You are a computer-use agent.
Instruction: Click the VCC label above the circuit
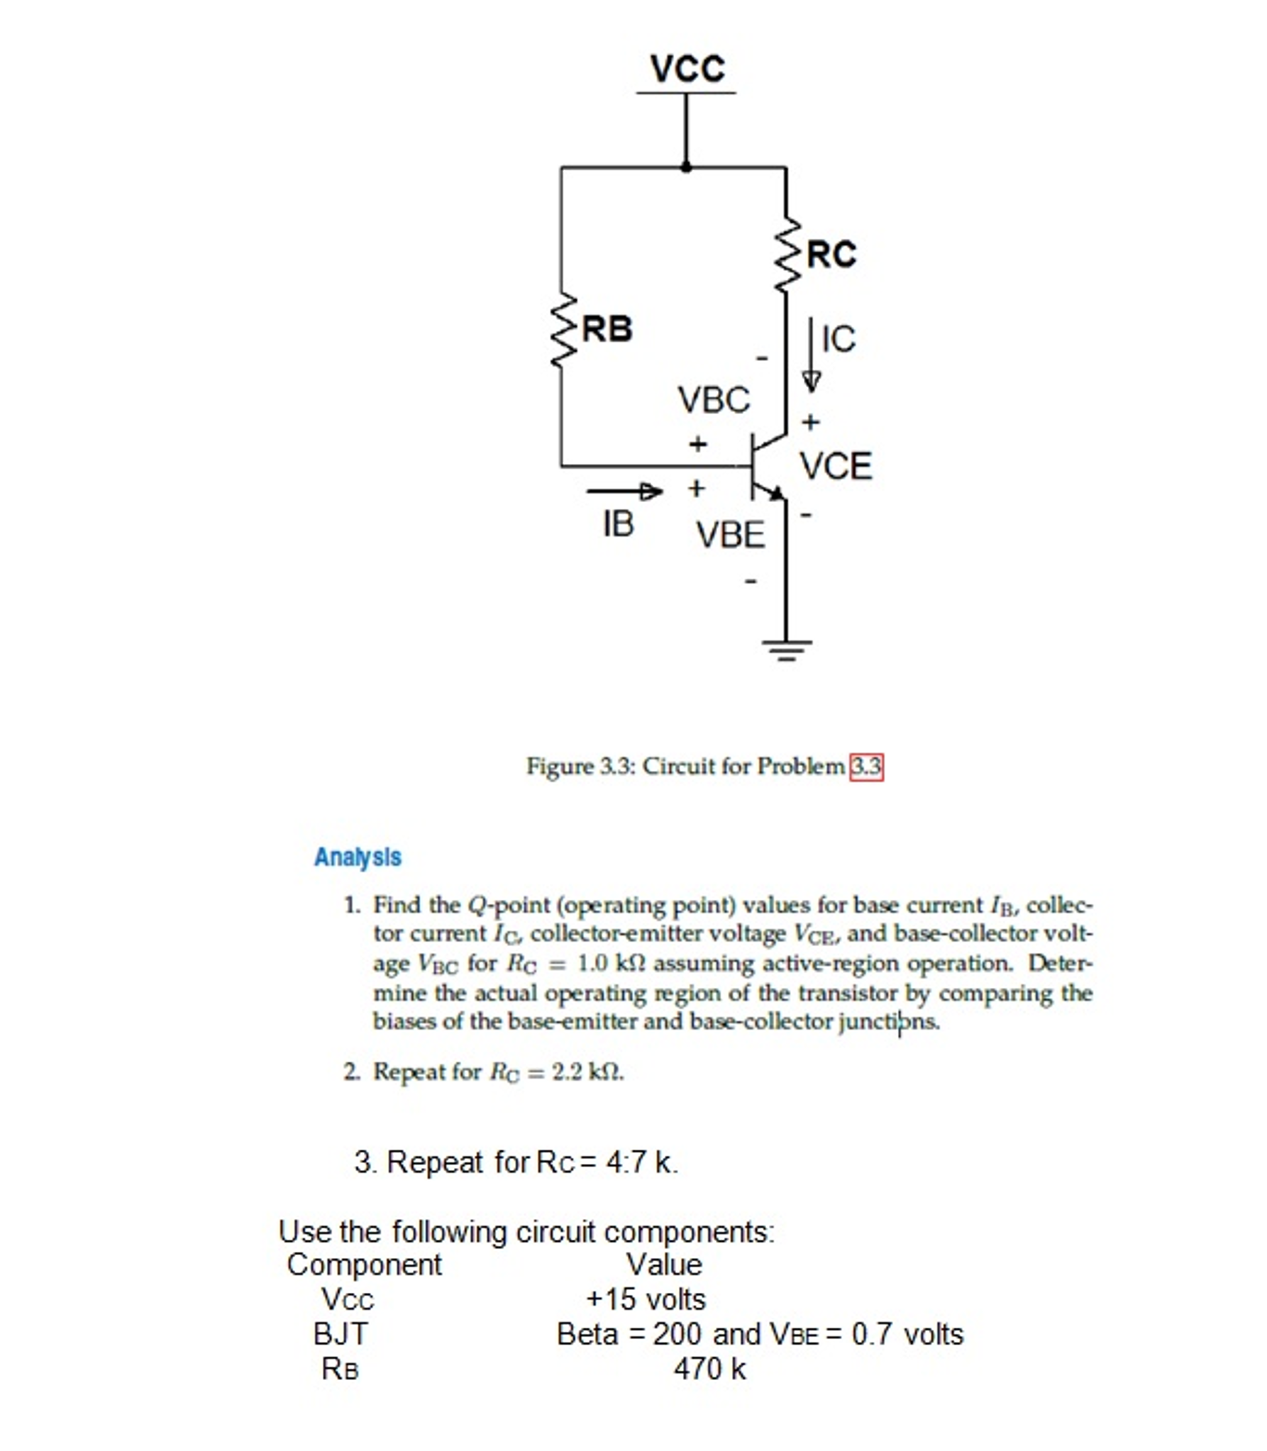click(x=687, y=69)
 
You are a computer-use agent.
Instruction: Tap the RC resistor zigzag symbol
click(x=786, y=254)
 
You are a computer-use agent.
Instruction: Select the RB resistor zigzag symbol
click(x=562, y=330)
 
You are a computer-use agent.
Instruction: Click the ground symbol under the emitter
click(x=786, y=649)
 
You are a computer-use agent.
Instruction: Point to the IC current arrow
click(x=811, y=355)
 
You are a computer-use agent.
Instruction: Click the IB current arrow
click(x=624, y=491)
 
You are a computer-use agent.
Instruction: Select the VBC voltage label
click(x=714, y=400)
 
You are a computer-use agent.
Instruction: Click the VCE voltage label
click(x=836, y=467)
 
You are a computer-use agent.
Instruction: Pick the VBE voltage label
click(x=730, y=535)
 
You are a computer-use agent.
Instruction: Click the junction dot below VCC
click(x=686, y=167)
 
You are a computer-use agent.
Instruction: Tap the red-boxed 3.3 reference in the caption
click(x=866, y=767)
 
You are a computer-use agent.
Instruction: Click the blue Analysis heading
click(x=358, y=857)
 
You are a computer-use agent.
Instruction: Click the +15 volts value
click(x=646, y=1299)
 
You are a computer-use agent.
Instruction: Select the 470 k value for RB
click(x=709, y=1369)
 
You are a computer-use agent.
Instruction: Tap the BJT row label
click(x=340, y=1334)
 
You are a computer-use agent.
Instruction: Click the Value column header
click(x=663, y=1264)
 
